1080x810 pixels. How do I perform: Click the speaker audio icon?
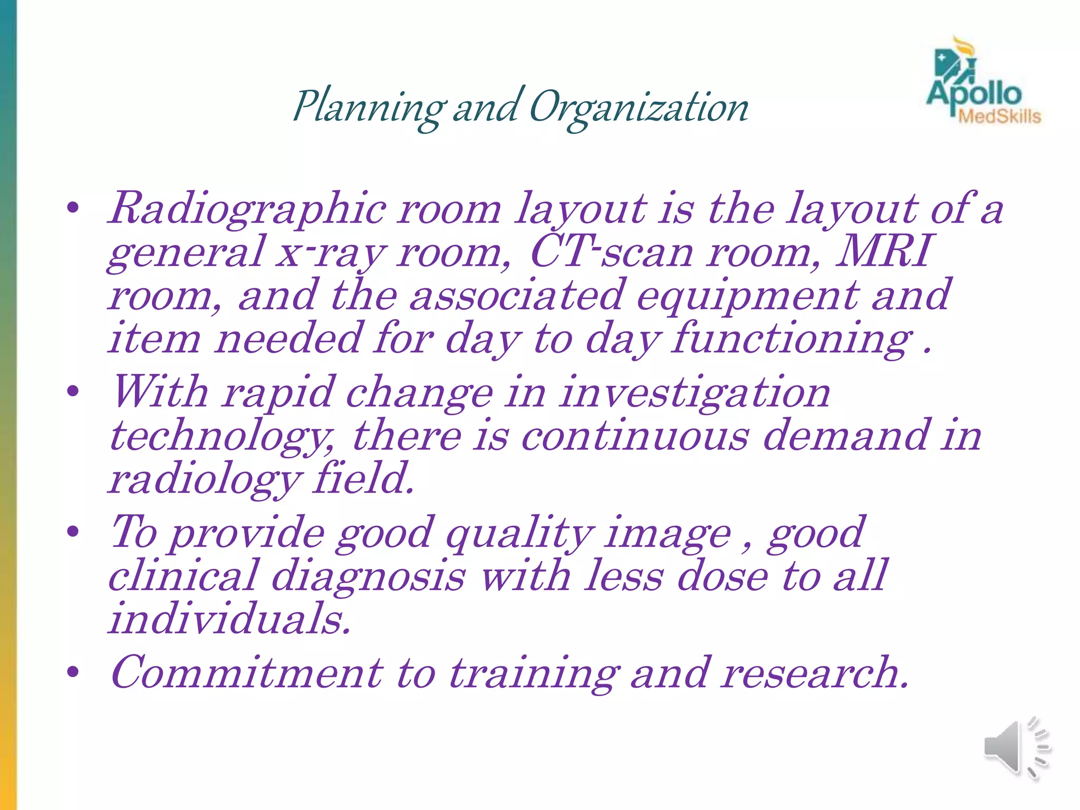pos(1016,748)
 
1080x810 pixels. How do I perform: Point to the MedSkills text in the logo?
pos(999,117)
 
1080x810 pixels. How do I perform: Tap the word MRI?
pos(884,252)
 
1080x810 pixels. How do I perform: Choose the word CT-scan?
pos(612,252)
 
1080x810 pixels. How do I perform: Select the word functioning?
pos(792,339)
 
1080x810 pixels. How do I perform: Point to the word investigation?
pos(695,393)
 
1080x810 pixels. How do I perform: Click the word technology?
pos(221,437)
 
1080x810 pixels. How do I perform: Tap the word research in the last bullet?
pos(815,673)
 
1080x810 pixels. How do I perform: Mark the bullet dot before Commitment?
pos(73,672)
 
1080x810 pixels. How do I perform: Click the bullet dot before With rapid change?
pos(73,391)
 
